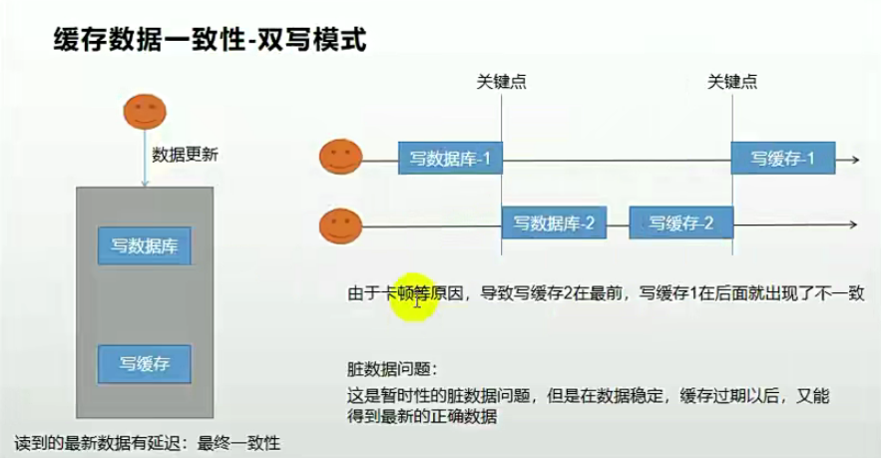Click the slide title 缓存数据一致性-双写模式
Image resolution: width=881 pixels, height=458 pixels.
coord(210,41)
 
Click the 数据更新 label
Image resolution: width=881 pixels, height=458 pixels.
coord(185,155)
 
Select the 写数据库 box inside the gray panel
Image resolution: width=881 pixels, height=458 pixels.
coord(144,245)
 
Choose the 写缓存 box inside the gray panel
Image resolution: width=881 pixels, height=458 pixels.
coord(144,363)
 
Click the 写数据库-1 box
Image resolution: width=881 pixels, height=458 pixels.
coord(450,158)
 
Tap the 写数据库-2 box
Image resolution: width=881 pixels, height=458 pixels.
coord(554,223)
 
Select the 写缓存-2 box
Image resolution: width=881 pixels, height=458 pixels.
coord(680,223)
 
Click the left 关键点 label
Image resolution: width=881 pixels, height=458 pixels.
coord(502,83)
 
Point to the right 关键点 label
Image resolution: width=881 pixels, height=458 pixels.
coord(731,83)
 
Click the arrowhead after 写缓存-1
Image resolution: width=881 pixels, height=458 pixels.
coord(854,159)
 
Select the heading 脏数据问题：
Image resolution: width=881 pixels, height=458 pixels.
coord(392,368)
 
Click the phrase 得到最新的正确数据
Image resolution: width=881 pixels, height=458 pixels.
coord(420,416)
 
